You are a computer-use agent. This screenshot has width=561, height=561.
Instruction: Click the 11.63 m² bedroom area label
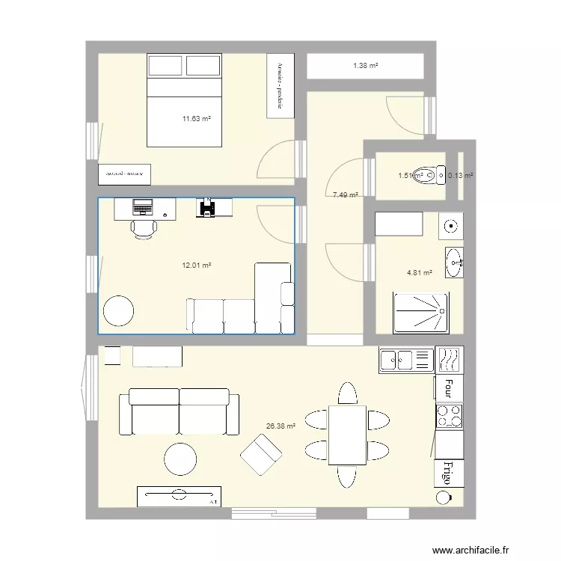197,118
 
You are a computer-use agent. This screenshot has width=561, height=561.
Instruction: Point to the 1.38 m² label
365,67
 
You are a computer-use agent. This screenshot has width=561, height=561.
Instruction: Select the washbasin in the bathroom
453,261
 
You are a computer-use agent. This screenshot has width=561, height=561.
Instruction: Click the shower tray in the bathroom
423,313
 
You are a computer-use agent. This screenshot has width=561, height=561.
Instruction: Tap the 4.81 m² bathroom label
419,273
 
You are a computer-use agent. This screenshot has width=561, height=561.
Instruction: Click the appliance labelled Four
449,387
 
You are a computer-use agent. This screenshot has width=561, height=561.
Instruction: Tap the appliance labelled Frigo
449,473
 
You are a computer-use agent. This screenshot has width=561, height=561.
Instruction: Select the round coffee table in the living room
180,459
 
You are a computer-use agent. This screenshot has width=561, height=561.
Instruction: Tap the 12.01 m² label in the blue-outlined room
197,265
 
